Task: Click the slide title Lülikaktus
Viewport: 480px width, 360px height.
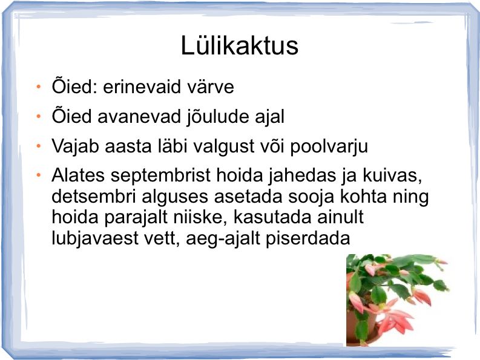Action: (x=239, y=45)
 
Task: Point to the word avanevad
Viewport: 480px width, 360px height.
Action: (x=139, y=117)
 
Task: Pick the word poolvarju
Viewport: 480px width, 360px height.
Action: (x=329, y=146)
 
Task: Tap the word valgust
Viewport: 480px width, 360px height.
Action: (x=224, y=146)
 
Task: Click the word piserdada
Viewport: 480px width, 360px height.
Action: (x=307, y=238)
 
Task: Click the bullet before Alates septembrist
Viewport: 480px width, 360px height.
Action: (x=39, y=175)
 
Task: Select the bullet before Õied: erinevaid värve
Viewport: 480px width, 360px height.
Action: (x=39, y=87)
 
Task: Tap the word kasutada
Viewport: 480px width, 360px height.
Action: (x=272, y=217)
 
